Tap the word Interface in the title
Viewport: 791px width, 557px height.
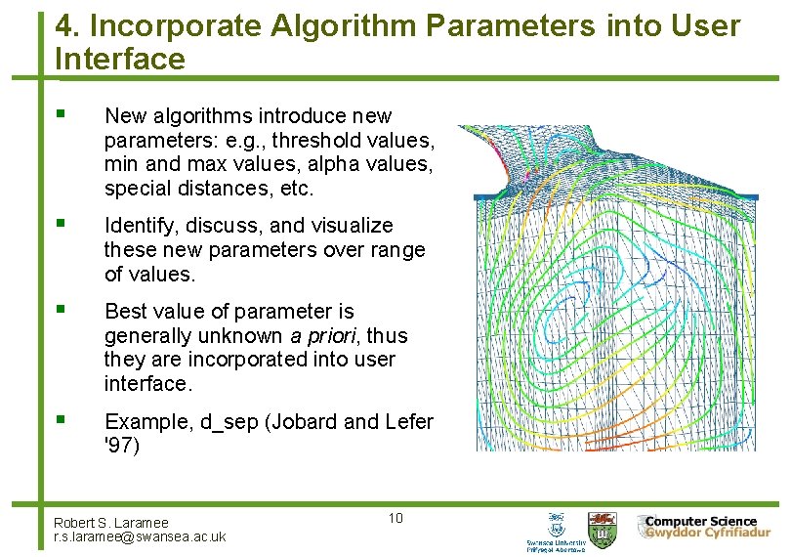click(120, 60)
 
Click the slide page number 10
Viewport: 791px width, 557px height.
click(395, 517)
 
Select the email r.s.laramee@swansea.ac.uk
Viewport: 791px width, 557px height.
click(140, 536)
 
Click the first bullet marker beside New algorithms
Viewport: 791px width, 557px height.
click(62, 115)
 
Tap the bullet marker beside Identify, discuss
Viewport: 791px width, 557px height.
click(62, 225)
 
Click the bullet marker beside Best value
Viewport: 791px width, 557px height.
click(62, 311)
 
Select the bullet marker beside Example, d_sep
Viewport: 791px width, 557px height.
click(62, 421)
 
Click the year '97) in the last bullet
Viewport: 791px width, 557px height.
click(122, 447)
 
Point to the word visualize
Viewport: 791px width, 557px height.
click(353, 226)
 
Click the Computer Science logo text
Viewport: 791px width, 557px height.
click(700, 522)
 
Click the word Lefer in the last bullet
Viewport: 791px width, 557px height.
click(409, 422)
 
